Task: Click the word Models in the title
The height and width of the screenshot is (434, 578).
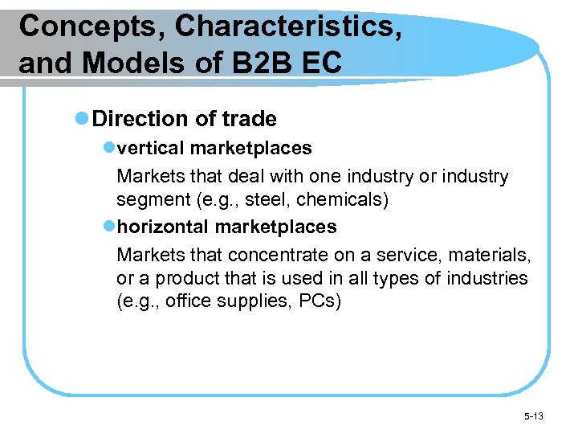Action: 120,62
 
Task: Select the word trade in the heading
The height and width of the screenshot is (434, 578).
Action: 250,119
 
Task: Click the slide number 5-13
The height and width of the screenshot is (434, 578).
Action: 532,416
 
